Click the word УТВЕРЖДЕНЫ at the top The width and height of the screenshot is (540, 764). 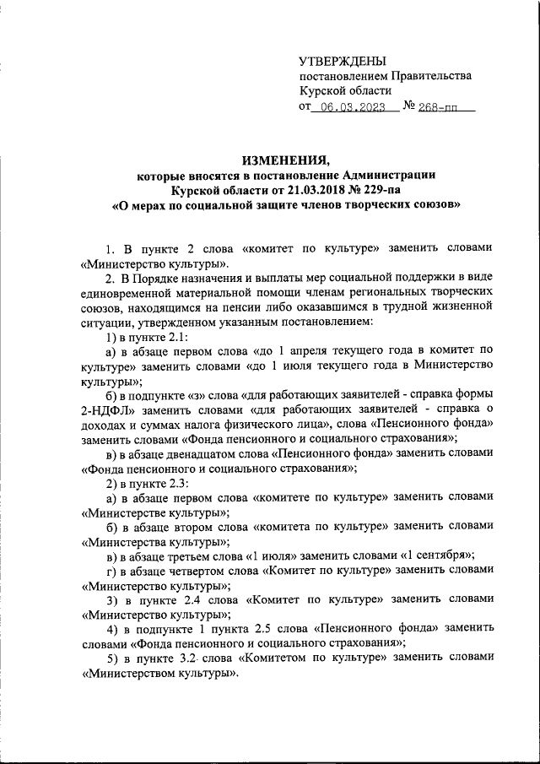343,61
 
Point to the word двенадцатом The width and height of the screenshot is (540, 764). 213,452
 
